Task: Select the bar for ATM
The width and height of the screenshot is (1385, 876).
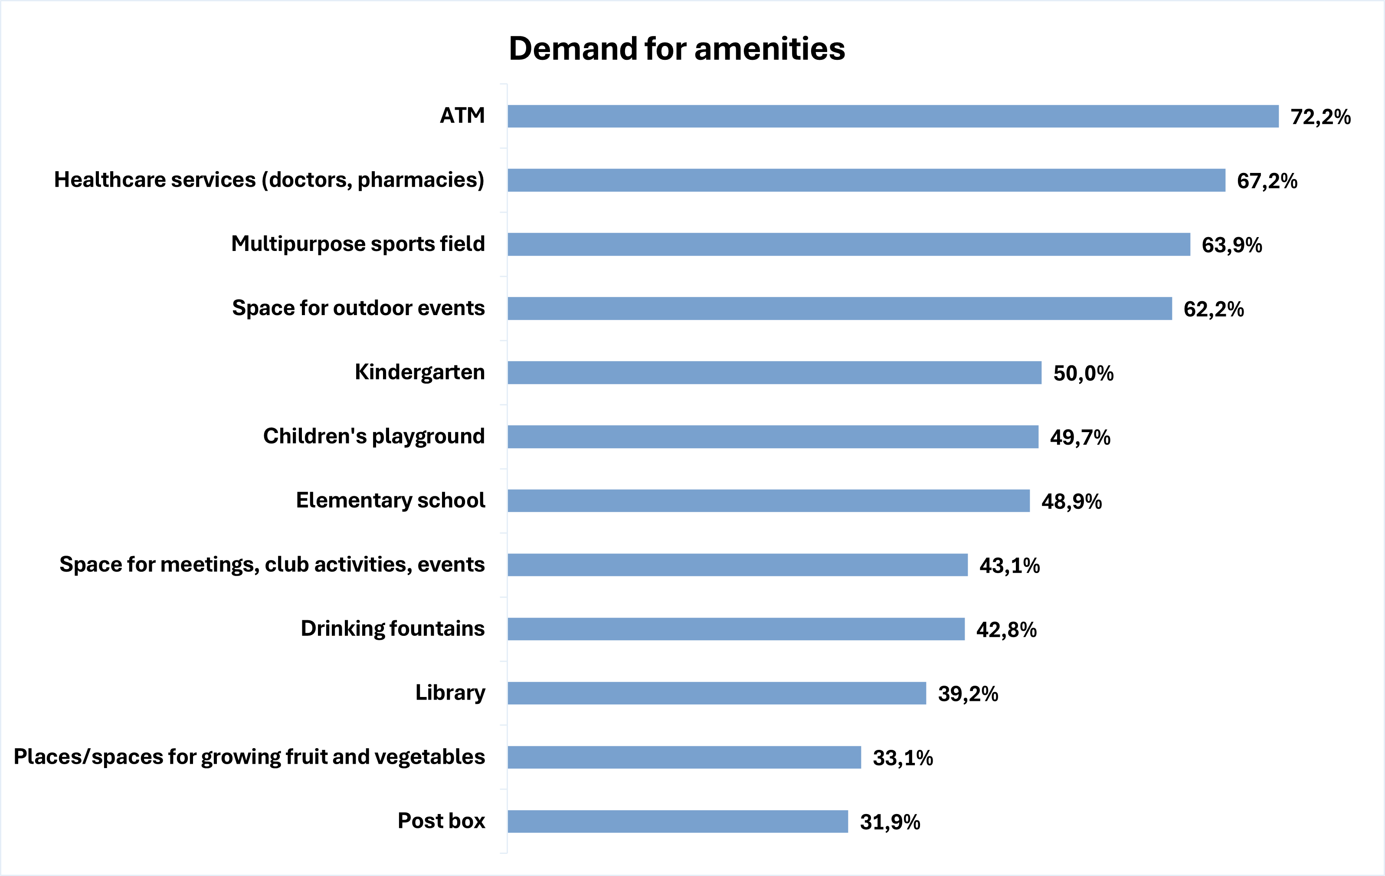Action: (893, 116)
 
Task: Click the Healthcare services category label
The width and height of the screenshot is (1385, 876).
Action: (269, 180)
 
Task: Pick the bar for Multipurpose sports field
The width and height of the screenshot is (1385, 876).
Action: (848, 244)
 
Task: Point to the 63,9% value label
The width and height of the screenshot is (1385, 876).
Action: (1231, 245)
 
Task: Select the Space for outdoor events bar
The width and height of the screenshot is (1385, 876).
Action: (839, 309)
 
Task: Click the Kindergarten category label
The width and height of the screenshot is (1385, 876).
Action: (419, 372)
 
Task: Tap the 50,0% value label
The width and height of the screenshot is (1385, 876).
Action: (1083, 374)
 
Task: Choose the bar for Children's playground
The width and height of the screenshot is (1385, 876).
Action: (773, 437)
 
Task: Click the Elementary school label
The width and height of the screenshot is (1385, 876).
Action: (390, 500)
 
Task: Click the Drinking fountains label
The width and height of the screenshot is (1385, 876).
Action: (392, 629)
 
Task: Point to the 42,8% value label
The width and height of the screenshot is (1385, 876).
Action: (1006, 630)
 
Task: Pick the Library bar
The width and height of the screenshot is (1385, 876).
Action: (717, 693)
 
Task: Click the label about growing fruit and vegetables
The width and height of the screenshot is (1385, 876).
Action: (249, 757)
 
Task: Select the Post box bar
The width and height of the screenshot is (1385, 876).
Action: (678, 821)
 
